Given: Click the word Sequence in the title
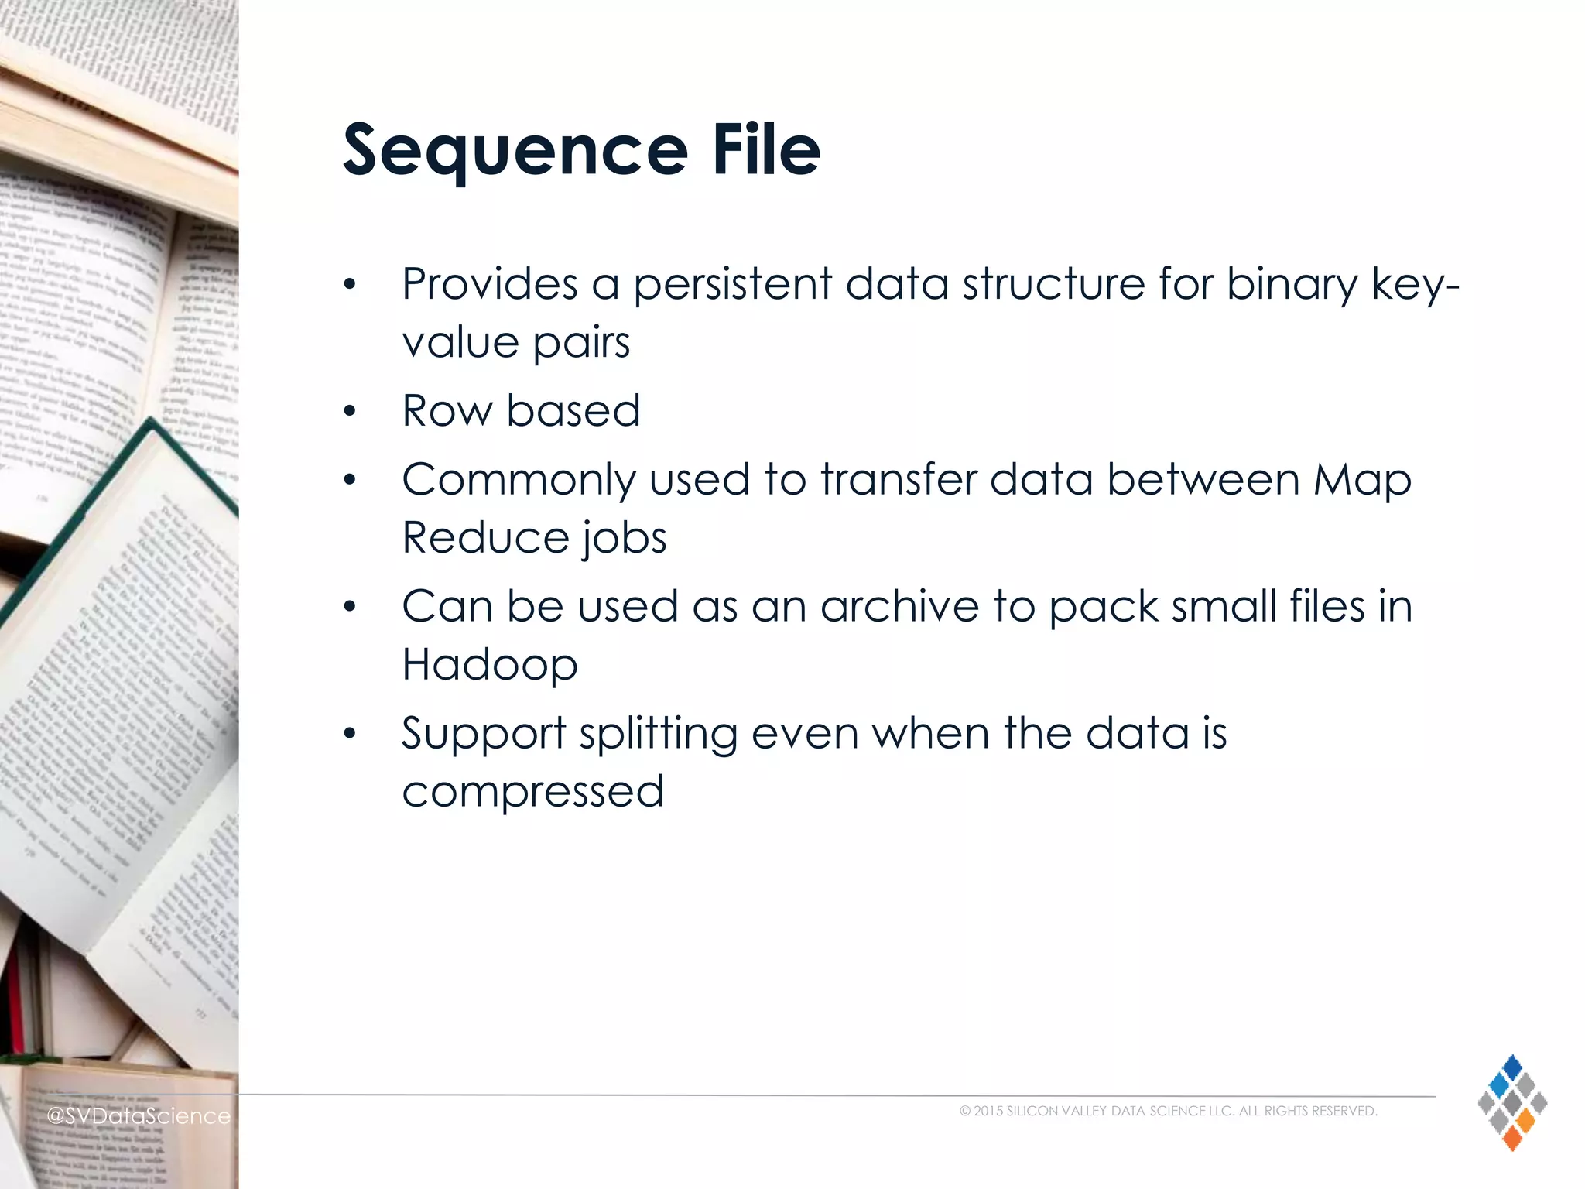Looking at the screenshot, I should tap(515, 151).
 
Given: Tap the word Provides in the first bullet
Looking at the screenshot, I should tap(489, 284).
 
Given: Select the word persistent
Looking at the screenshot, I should tap(732, 284).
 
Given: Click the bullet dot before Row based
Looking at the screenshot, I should tap(350, 411).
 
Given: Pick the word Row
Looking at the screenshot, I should tap(447, 410).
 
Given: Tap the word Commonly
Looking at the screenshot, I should tap(518, 481).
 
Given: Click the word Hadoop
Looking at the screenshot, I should tap(489, 665).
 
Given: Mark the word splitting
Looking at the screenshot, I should tap(658, 734).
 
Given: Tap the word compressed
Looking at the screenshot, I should tap(532, 792).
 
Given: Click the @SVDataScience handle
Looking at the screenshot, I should tap(139, 1115).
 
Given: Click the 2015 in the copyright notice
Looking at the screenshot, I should tap(988, 1112).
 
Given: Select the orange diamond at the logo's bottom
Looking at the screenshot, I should tap(1511, 1137).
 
